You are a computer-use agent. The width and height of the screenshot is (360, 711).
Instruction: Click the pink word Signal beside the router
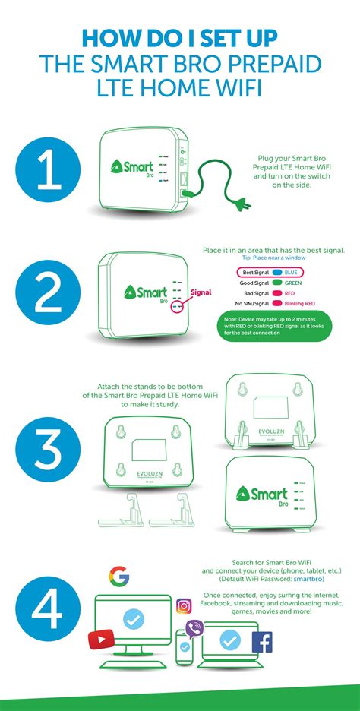pos(201,291)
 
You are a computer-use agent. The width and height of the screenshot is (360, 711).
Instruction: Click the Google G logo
pos(118,576)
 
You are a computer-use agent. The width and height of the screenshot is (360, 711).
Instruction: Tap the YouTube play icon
pos(101,640)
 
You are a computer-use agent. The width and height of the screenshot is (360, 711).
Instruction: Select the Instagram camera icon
pos(184,605)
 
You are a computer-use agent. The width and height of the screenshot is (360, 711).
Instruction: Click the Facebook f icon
pos(262,643)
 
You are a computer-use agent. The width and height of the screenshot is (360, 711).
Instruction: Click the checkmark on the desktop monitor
pos(133,621)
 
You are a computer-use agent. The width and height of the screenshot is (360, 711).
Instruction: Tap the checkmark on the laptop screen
pos(230,641)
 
